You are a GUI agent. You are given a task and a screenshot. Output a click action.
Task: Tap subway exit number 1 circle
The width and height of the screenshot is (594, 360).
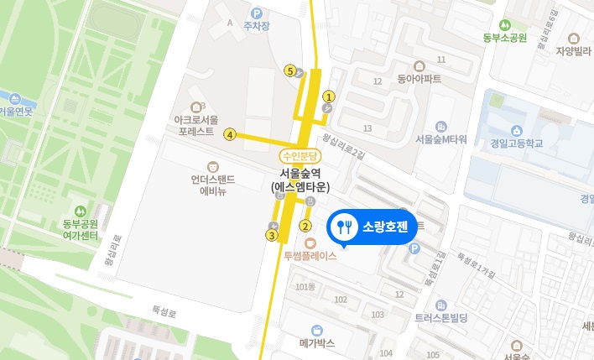(x=329, y=97)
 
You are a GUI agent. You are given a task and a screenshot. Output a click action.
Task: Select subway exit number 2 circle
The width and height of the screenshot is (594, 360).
(x=305, y=225)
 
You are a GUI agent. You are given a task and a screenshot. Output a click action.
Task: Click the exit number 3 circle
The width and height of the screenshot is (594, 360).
(x=271, y=236)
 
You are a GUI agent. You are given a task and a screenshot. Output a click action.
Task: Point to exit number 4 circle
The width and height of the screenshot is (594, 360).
(x=229, y=133)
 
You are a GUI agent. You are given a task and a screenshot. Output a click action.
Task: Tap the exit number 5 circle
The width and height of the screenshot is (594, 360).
(x=290, y=70)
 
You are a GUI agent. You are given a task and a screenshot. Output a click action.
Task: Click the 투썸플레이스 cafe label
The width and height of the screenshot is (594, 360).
(x=310, y=256)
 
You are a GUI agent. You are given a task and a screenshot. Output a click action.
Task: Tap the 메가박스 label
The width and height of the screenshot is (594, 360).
(x=316, y=342)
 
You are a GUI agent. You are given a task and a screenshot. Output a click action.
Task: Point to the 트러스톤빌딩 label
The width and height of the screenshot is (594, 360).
(x=444, y=318)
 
